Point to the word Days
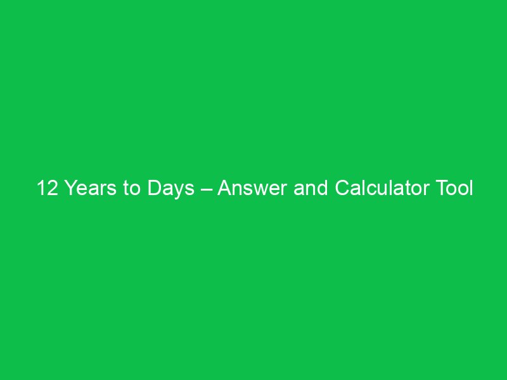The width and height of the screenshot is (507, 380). coord(172,189)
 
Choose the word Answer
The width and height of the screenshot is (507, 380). coord(252,189)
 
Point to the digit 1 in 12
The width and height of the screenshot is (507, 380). coord(41,189)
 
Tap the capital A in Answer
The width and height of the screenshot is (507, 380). coord(225,189)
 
